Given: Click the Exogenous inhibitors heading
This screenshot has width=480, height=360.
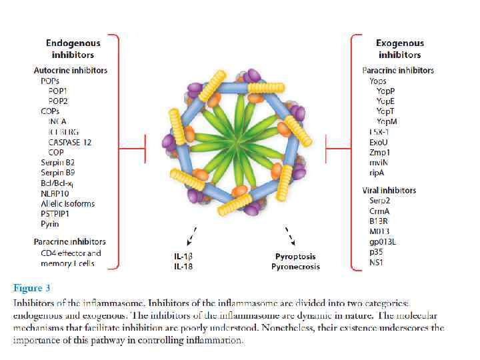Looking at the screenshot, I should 399,48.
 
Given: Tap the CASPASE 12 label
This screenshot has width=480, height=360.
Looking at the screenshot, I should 69,142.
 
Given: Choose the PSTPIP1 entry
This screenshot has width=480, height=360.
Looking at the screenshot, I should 55,214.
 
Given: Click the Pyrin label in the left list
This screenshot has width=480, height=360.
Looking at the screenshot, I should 49,224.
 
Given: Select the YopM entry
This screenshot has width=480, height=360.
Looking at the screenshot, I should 387,121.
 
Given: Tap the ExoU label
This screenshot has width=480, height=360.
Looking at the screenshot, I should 378,142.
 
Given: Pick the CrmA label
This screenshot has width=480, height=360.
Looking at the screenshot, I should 379,211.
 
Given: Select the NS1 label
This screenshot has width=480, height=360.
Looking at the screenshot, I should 377,263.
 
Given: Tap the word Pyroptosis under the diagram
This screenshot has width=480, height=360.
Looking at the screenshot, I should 295,257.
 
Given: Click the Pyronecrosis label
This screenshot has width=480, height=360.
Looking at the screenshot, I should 295,267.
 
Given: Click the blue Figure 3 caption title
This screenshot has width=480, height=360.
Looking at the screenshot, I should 32,289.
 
